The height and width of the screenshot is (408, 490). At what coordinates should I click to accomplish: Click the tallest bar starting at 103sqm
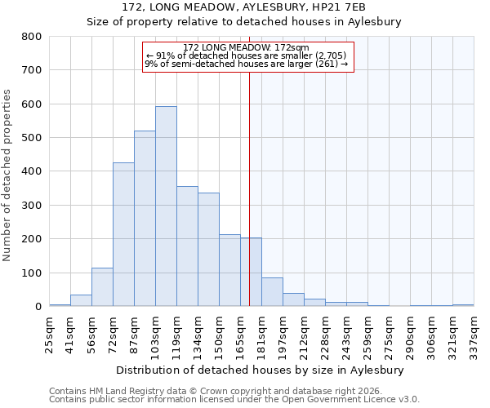[x=166, y=206]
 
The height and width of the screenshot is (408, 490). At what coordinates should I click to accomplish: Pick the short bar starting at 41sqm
[x=81, y=300]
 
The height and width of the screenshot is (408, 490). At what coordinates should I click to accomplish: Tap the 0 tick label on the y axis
[x=38, y=307]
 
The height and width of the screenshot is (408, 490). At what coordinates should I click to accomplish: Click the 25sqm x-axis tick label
[x=49, y=334]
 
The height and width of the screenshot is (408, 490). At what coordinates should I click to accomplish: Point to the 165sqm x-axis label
[x=240, y=334]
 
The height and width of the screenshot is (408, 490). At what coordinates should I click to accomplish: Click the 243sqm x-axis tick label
[x=346, y=334]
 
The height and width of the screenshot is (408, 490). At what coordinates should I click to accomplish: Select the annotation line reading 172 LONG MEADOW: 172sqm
[x=246, y=48]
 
